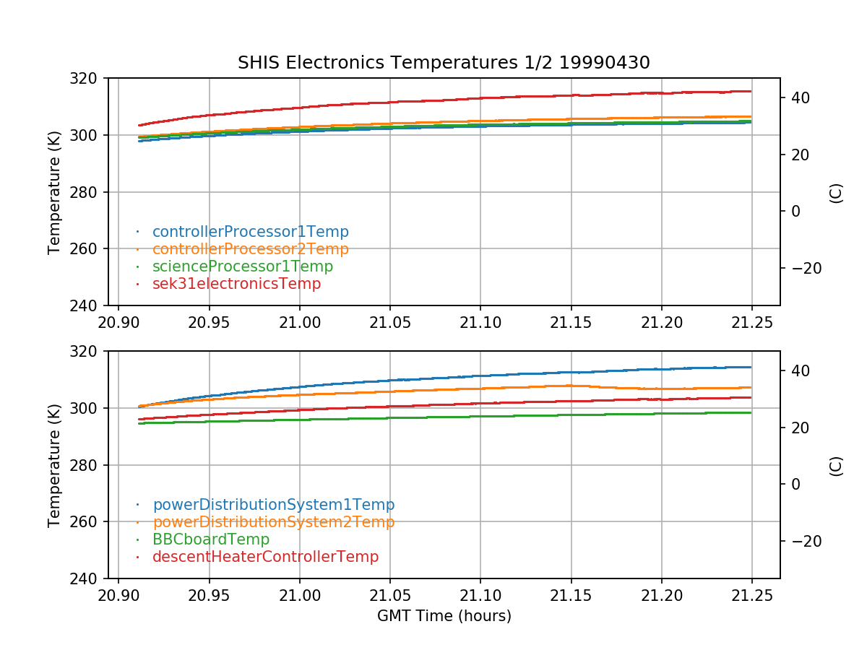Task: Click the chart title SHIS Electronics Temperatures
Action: coord(444,63)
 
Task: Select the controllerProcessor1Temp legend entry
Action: coord(250,232)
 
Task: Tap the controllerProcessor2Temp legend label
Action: coord(250,249)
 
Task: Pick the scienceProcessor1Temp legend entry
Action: coord(243,266)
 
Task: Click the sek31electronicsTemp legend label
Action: coord(236,284)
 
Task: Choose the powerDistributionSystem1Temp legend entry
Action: coord(273,505)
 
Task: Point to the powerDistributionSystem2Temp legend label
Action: coord(273,522)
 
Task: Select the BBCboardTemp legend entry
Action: coord(210,539)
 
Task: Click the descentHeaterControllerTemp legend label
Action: coord(265,557)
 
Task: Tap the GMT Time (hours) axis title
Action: coord(444,616)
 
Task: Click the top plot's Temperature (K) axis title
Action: coord(54,192)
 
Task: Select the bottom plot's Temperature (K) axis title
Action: coord(54,465)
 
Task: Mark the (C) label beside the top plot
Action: coord(836,193)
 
